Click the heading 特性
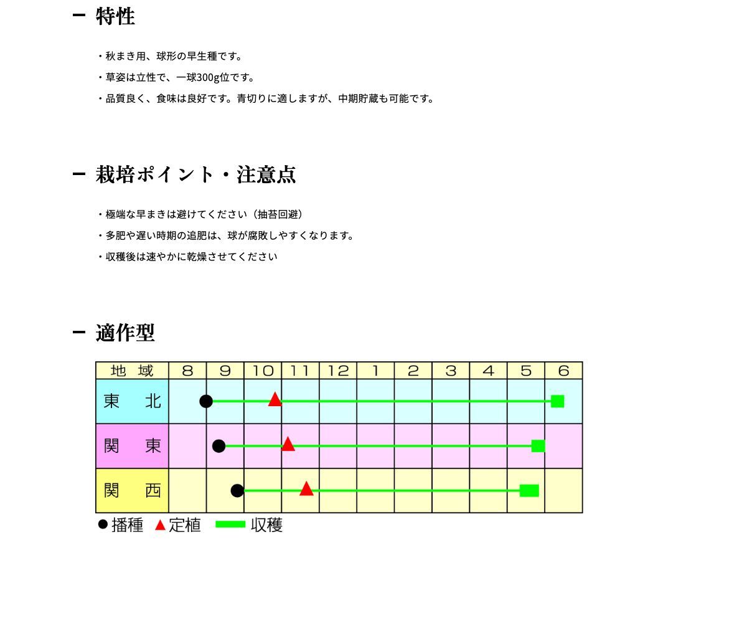pyautogui.click(x=115, y=16)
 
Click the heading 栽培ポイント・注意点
pyautogui.click(x=195, y=174)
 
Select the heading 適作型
pyautogui.click(x=125, y=333)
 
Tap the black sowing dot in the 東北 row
pyautogui.click(x=206, y=401)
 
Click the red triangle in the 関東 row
pyautogui.click(x=288, y=445)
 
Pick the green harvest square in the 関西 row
pyautogui.click(x=529, y=491)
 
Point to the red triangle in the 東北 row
pyautogui.click(x=275, y=400)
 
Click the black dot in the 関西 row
pyautogui.click(x=237, y=491)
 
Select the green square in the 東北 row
pyautogui.click(x=557, y=401)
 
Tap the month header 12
pyautogui.click(x=338, y=371)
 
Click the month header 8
pyautogui.click(x=187, y=371)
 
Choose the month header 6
pyautogui.click(x=563, y=371)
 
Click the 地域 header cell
pyautogui.click(x=132, y=371)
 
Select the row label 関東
pyautogui.click(x=132, y=446)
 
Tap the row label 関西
pyautogui.click(x=132, y=491)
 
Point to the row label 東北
pyautogui.click(x=132, y=401)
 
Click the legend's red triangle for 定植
pyautogui.click(x=160, y=525)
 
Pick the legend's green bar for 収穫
pyautogui.click(x=230, y=525)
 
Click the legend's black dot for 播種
pyautogui.click(x=103, y=525)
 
